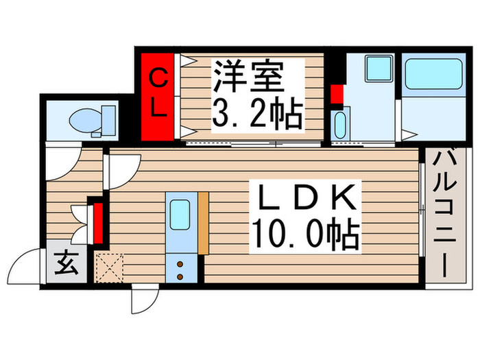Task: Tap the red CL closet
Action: pyautogui.click(x=157, y=95)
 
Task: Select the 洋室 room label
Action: pyautogui.click(x=248, y=77)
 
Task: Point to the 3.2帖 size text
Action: pyautogui.click(x=256, y=115)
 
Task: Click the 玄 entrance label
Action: pyautogui.click(x=64, y=263)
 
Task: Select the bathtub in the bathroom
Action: pyautogui.click(x=433, y=74)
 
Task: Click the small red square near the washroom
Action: pyautogui.click(x=336, y=95)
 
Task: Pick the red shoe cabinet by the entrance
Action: pyautogui.click(x=98, y=221)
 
